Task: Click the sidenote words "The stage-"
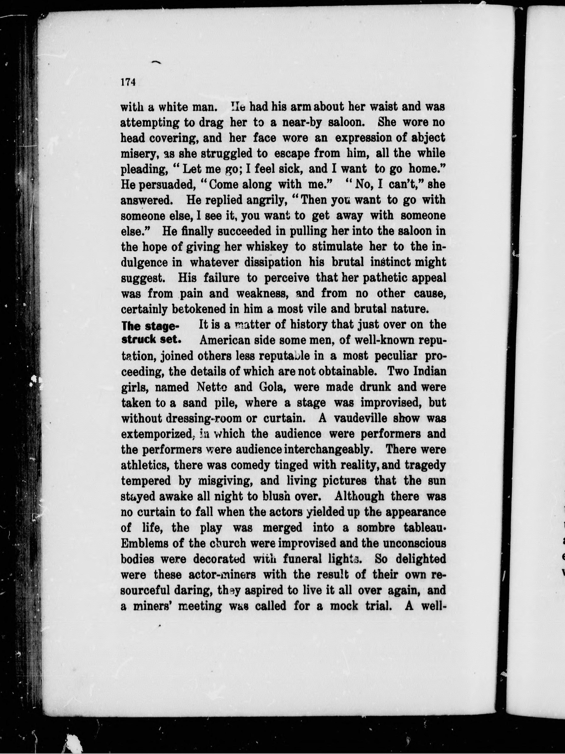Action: click(x=150, y=326)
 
